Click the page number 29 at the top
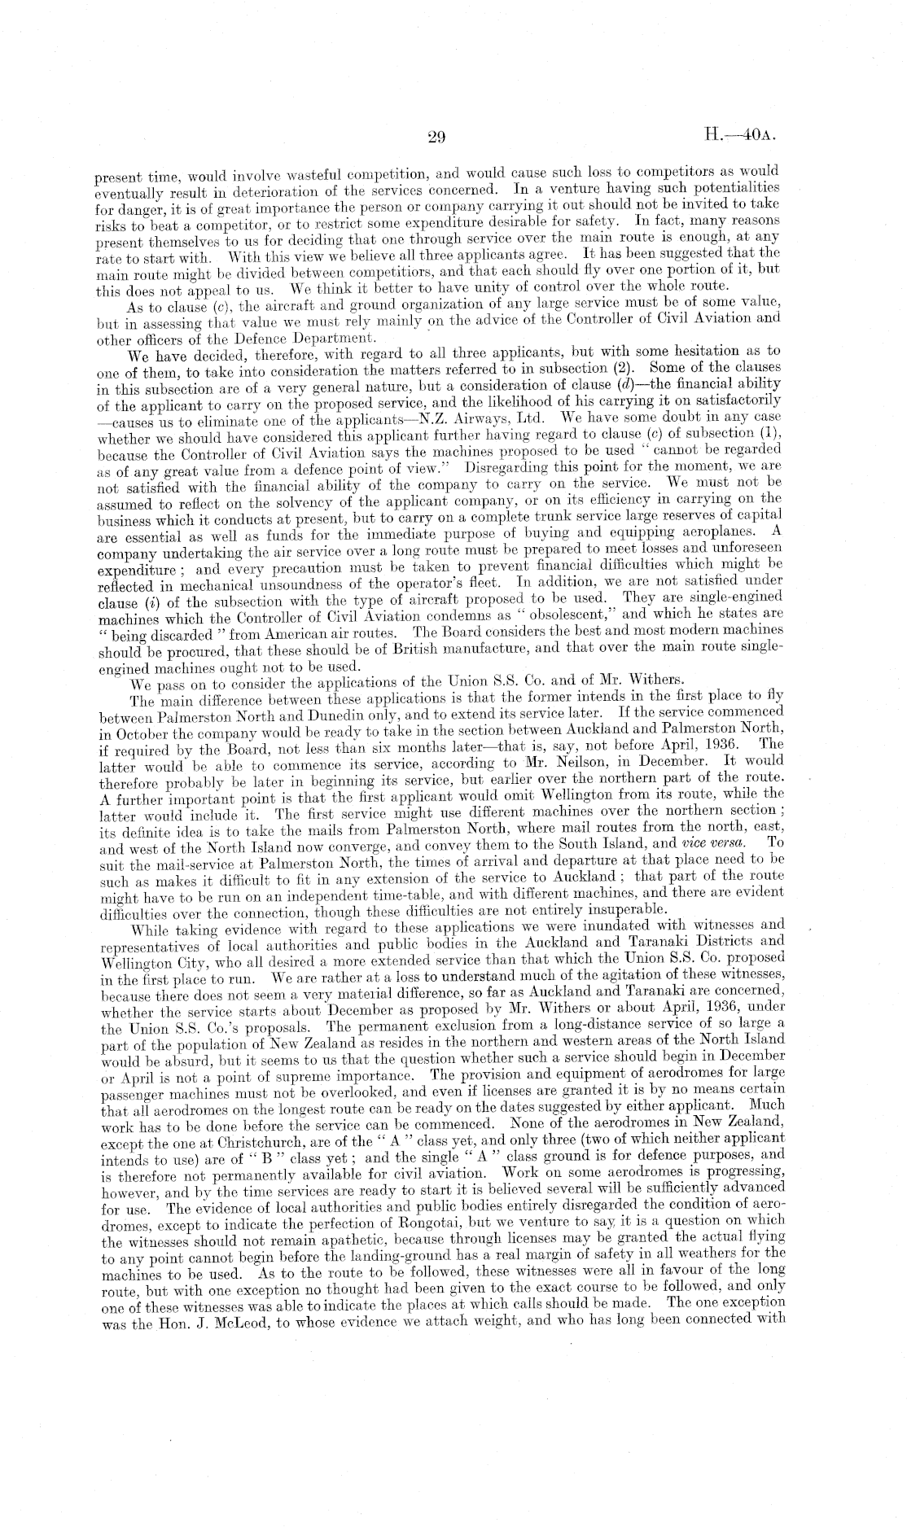tap(435, 138)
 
